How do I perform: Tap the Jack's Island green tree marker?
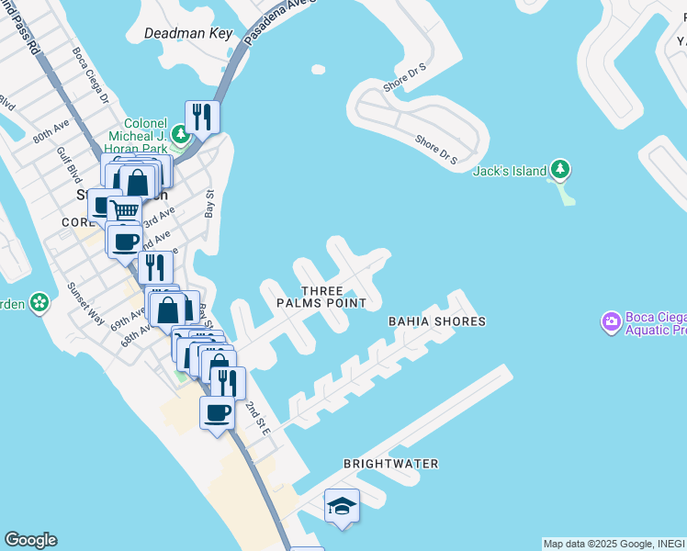560,170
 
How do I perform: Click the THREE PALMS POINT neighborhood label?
321,296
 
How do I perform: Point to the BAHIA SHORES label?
436,321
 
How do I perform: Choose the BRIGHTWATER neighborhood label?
390,464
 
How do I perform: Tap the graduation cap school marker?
342,506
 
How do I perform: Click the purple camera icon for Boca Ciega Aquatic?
611,322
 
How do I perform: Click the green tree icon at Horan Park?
182,137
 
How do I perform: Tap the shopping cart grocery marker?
124,211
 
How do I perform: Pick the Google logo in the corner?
30,540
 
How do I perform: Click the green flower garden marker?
39,302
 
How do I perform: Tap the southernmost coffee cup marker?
218,413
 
